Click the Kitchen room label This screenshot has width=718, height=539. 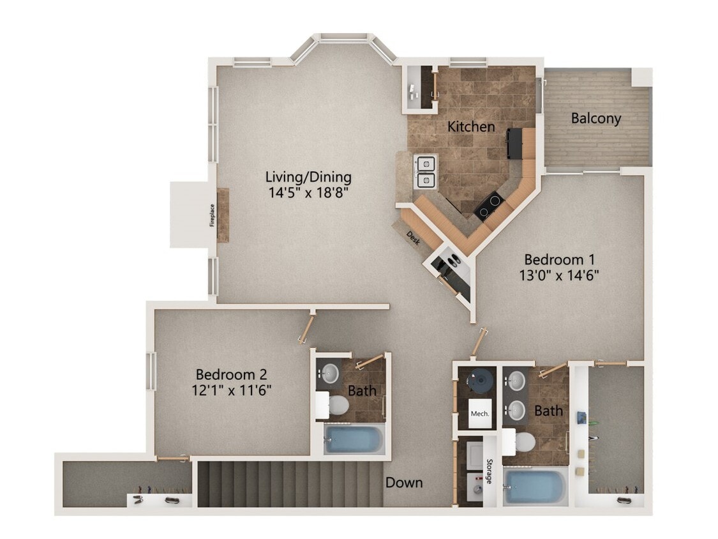(x=471, y=126)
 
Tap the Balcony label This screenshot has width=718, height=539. (x=595, y=118)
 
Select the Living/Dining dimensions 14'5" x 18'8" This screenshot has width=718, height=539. (x=308, y=191)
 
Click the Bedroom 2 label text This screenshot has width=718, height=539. (x=231, y=374)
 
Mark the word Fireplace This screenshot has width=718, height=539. (x=213, y=215)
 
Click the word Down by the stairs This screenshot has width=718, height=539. (x=403, y=482)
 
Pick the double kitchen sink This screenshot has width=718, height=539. (x=426, y=171)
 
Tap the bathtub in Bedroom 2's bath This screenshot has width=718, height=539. (x=353, y=440)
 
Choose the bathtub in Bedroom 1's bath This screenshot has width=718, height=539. (x=534, y=487)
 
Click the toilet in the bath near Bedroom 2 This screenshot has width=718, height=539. (x=336, y=404)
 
